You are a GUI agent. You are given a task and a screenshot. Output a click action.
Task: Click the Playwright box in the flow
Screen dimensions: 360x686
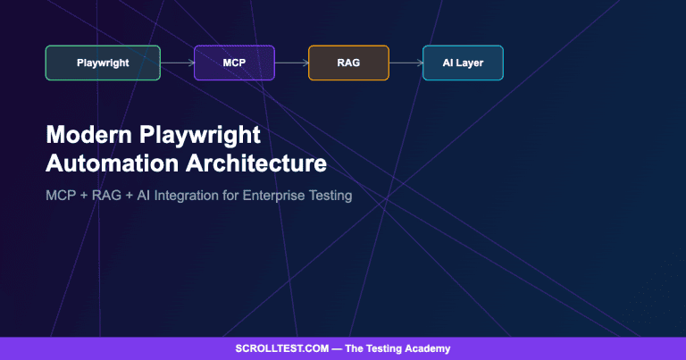[x=103, y=63]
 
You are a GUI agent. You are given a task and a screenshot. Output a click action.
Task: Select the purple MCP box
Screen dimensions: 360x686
[x=234, y=63]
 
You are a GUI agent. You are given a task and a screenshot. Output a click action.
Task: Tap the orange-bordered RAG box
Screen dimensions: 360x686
[x=348, y=63]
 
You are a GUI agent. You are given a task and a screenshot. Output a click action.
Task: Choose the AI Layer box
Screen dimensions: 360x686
[x=463, y=63]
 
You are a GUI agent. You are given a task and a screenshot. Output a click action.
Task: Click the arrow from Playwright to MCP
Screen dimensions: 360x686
[x=178, y=63]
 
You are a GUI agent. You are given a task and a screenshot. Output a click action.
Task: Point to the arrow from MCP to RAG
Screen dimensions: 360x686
[x=291, y=63]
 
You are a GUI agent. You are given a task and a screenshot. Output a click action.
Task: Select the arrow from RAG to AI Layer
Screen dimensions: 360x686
[x=406, y=63]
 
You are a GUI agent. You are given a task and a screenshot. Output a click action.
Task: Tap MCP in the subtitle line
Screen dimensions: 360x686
[x=61, y=195]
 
